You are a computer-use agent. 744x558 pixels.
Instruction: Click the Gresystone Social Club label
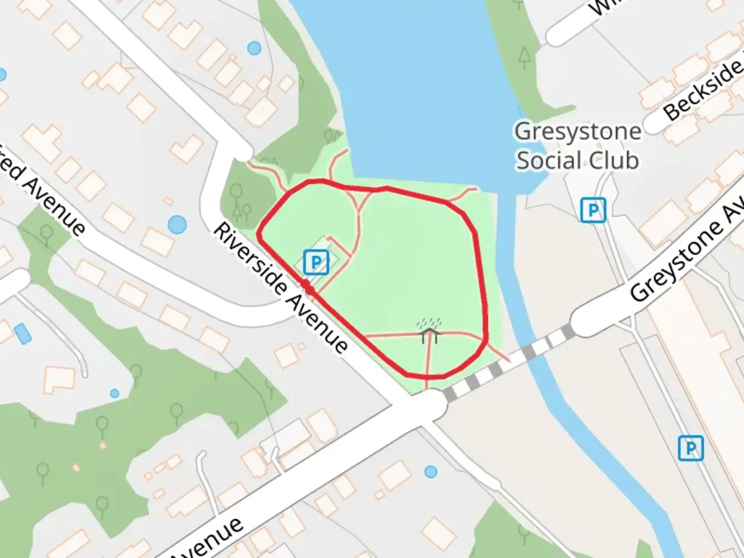click(578, 146)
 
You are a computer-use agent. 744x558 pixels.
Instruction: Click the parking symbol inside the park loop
click(316, 262)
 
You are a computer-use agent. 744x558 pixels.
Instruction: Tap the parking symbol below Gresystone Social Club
click(593, 210)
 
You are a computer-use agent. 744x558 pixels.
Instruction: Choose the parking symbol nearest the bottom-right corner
click(691, 447)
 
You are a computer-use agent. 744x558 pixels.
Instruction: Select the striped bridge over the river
click(509, 361)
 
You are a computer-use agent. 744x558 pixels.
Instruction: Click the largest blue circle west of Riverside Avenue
click(177, 225)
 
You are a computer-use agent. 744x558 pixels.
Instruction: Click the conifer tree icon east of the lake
click(525, 56)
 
